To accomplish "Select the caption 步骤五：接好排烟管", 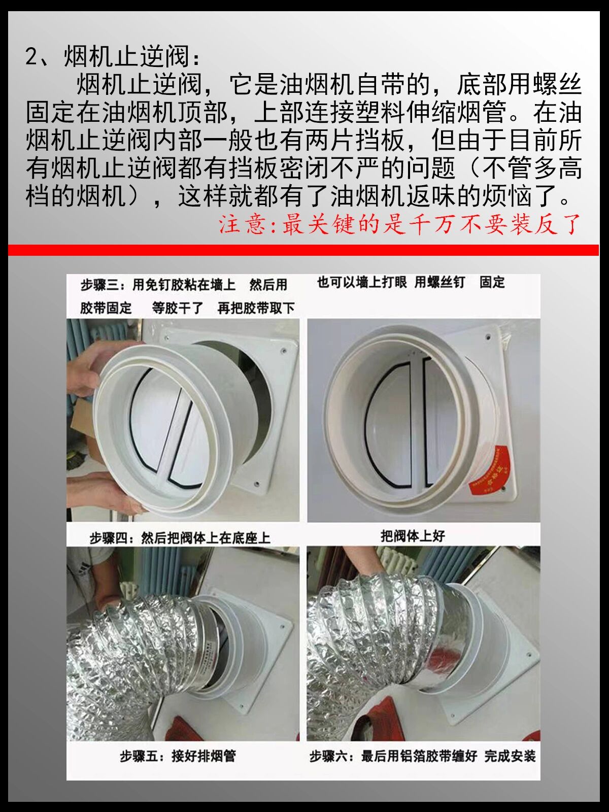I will [178, 756].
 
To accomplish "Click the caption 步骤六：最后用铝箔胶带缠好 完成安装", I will [423, 756].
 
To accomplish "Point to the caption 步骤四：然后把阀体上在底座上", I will [180, 538].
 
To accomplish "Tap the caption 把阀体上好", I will [413, 536].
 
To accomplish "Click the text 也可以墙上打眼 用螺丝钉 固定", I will [411, 283].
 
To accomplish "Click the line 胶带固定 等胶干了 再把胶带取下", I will [187, 308].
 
